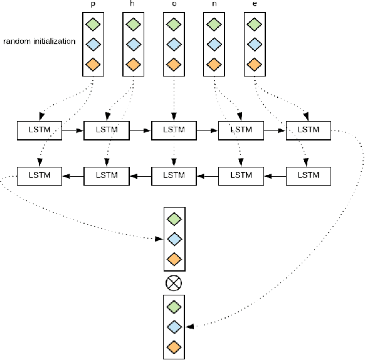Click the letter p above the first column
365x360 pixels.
coord(93,4)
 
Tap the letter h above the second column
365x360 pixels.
coord(132,4)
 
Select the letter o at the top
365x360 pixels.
coord(173,4)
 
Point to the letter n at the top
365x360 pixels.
coord(213,4)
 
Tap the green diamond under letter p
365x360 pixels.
coord(93,24)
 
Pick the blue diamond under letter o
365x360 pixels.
coord(173,44)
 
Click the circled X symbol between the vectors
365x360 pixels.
coord(173,283)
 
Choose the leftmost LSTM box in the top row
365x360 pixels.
coord(40,130)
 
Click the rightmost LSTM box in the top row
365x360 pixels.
coord(308,130)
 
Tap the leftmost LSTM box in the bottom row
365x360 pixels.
coord(40,174)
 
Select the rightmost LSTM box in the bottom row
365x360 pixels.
coord(308,174)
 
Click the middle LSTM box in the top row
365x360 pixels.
coord(173,130)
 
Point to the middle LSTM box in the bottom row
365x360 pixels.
coord(173,174)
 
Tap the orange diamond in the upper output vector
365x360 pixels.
coord(173,258)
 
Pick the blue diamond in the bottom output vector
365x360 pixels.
coord(173,326)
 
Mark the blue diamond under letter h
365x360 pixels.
coord(132,44)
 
